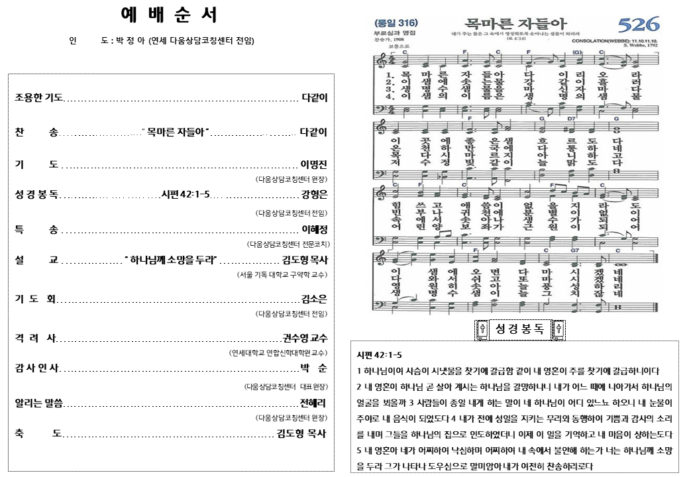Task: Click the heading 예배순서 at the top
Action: pyautogui.click(x=170, y=15)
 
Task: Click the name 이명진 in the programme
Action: pyautogui.click(x=314, y=164)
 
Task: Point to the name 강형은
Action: pyautogui.click(x=314, y=194)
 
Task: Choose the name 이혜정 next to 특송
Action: pyautogui.click(x=314, y=229)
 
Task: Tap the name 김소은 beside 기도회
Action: pyautogui.click(x=314, y=298)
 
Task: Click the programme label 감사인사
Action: pyautogui.click(x=37, y=368)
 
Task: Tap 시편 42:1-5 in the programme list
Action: pyautogui.click(x=185, y=194)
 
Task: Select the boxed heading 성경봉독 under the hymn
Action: pyautogui.click(x=520, y=329)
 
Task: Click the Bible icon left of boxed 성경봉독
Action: pyautogui.click(x=483, y=329)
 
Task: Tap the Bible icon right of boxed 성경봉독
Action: pyautogui.click(x=558, y=329)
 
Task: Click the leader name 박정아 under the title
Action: pyautogui.click(x=131, y=41)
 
